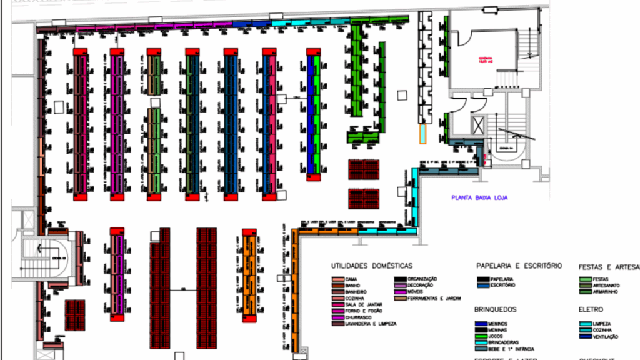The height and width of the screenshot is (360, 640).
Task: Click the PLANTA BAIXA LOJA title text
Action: coord(480,197)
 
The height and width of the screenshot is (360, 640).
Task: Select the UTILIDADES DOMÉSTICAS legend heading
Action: coord(371,266)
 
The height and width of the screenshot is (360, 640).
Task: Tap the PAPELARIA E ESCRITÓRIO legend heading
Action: coord(519,266)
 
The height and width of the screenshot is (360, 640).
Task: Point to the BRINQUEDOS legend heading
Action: coord(496,309)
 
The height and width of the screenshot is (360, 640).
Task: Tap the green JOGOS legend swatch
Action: coord(482,336)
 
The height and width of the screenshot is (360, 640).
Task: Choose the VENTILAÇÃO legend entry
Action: coord(604,337)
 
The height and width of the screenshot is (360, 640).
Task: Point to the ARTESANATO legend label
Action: coord(606,285)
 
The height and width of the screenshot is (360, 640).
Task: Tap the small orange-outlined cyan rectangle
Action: coord(422,133)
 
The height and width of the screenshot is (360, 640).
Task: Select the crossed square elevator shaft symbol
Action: coord(479,124)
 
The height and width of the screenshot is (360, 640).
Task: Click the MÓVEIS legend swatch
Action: coord(398,292)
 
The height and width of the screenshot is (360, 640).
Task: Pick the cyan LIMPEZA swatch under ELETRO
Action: coord(584,324)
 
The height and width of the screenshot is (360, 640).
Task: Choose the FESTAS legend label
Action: coord(601,279)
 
